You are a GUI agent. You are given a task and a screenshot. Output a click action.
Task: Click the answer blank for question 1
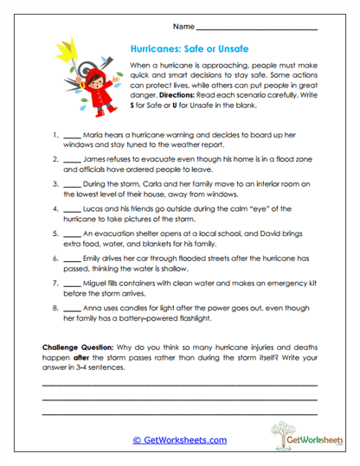[73, 137]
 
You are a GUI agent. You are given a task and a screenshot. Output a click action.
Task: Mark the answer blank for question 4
[73, 209]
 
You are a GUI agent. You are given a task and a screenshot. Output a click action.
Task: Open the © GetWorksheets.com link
[179, 440]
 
